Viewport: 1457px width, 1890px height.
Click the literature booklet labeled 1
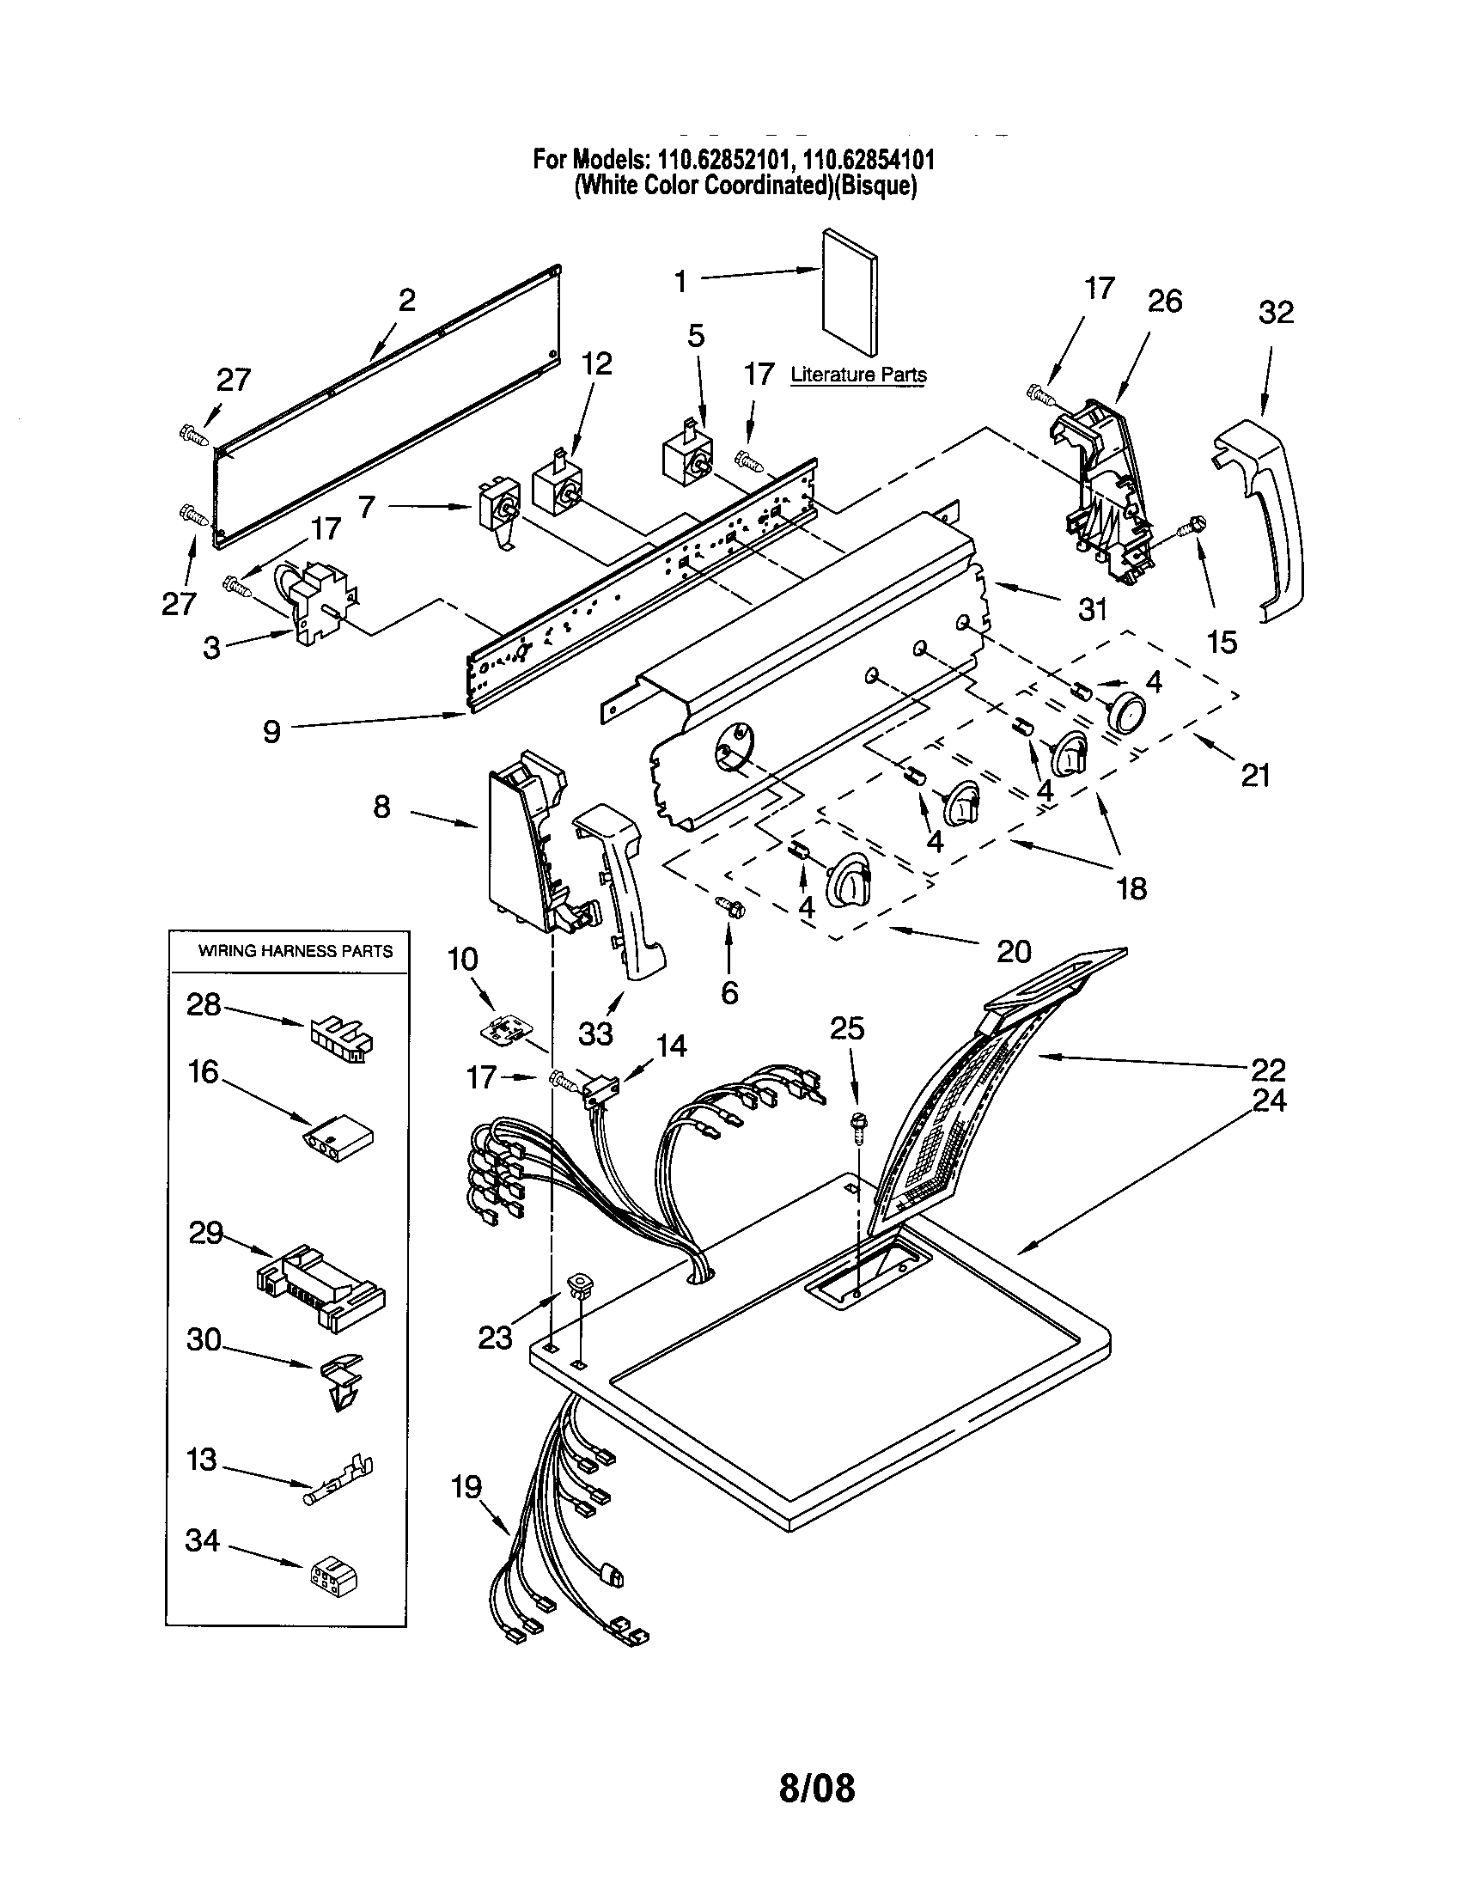850,292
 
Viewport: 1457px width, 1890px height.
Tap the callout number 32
1276,313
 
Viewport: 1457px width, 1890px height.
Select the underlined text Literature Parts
858,375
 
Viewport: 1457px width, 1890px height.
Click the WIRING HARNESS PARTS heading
295,951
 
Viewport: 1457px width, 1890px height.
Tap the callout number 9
271,731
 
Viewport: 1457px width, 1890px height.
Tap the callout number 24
1268,1100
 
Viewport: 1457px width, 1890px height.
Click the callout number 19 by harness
466,1487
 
